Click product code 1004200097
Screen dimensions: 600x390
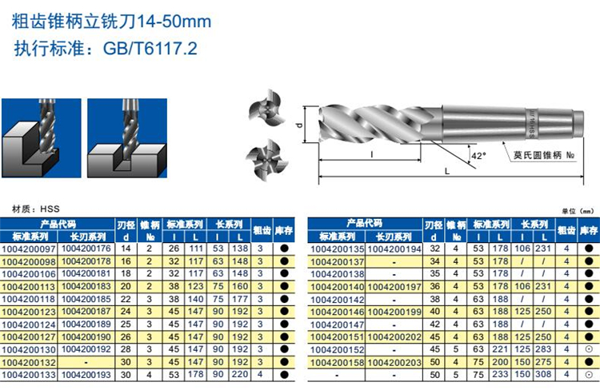click(x=29, y=249)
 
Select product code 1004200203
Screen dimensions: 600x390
click(x=394, y=362)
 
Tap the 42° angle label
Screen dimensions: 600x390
click(x=478, y=156)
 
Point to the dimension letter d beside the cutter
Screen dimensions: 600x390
click(x=300, y=125)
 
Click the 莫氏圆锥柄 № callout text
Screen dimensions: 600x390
click(x=543, y=155)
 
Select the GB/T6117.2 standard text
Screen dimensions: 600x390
click(x=150, y=49)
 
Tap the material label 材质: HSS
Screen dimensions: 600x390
click(x=35, y=209)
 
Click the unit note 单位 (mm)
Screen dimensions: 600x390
click(x=578, y=211)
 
